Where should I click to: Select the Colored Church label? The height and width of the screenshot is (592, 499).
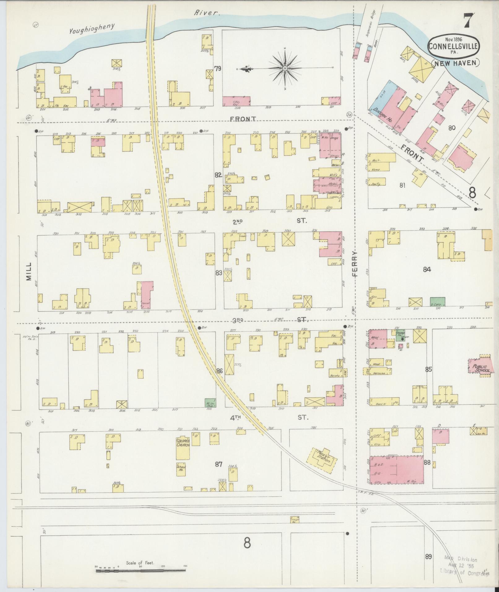click(x=183, y=443)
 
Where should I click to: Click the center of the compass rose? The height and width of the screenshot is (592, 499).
click(x=285, y=68)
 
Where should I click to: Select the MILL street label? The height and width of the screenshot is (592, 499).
click(x=29, y=271)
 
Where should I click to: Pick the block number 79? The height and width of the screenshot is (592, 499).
click(x=218, y=69)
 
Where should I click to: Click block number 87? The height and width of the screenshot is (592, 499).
click(x=219, y=464)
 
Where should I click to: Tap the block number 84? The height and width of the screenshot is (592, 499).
click(x=427, y=269)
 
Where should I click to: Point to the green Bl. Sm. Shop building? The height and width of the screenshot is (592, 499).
click(x=210, y=403)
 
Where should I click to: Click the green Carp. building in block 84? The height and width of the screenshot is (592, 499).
click(x=437, y=302)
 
